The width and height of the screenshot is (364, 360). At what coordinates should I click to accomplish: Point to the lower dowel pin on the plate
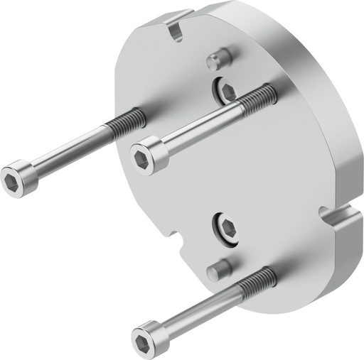(218, 270)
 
